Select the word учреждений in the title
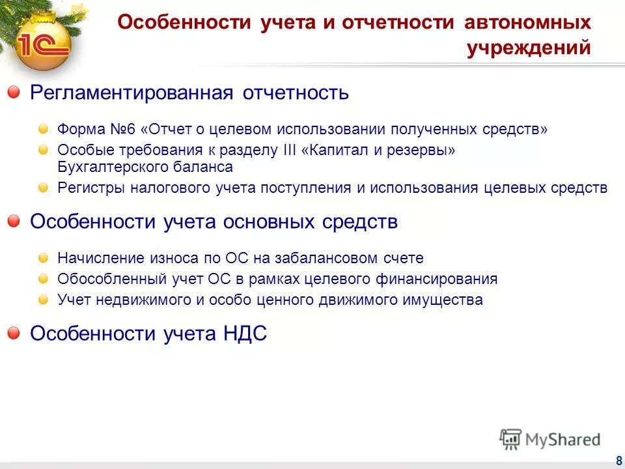click(x=529, y=48)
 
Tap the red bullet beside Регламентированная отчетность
click(x=14, y=93)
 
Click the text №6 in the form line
click(x=118, y=129)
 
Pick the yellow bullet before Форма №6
click(x=43, y=129)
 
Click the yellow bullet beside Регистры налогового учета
click(x=43, y=188)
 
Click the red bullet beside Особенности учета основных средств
click(x=14, y=222)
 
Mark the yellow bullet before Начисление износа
click(x=43, y=258)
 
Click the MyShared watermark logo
click(x=551, y=439)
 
